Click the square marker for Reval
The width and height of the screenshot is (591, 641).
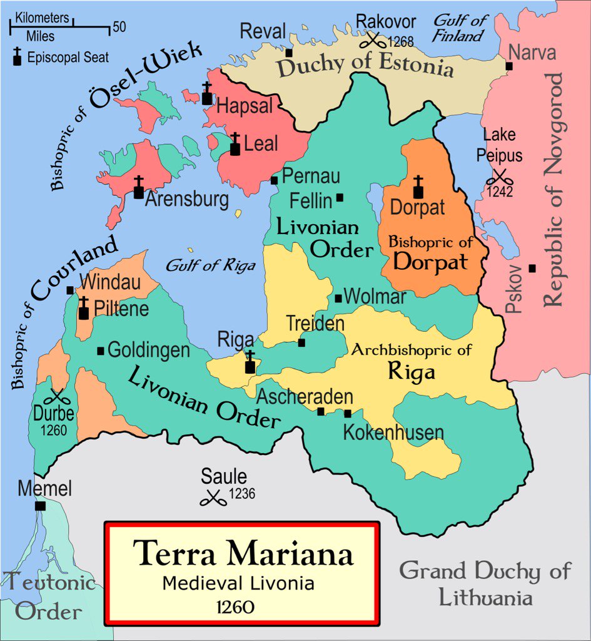coord(289,53)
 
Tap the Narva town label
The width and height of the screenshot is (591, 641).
coord(532,53)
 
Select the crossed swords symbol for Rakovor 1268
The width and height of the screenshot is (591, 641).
coord(373,41)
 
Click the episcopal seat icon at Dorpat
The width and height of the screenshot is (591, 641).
coord(418,187)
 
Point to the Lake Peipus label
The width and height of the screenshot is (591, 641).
coord(498,144)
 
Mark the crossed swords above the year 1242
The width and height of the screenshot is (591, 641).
coord(499,177)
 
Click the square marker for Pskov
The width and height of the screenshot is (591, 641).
coord(532,268)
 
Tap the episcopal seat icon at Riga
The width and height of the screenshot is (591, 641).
coord(250,362)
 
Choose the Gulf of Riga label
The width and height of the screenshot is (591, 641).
coord(210,265)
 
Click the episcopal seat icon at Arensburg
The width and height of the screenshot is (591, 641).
coord(138,187)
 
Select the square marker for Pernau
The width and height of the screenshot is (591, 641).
coord(274,180)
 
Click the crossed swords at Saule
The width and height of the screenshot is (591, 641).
coord(213,498)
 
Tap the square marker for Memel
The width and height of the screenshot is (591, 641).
coord(41,506)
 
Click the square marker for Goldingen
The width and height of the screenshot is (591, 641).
coord(101,351)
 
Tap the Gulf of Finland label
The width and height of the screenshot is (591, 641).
coord(460,28)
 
